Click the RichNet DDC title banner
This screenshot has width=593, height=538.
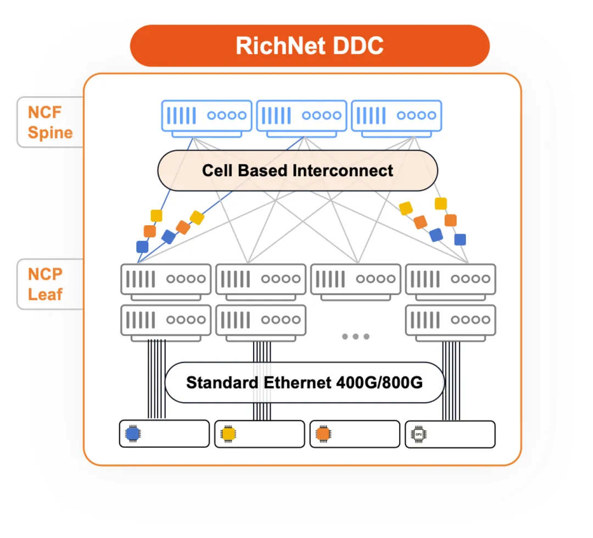pos(310,46)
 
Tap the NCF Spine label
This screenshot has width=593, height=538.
pos(51,123)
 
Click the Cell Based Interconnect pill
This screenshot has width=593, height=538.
pos(298,170)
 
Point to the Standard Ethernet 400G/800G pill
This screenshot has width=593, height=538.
pos(304,382)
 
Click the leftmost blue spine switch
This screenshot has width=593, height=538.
pos(206,119)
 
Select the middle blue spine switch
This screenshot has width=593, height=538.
pos(301,119)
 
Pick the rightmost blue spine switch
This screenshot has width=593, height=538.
pos(396,119)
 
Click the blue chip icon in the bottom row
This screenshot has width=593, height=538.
pos(133,434)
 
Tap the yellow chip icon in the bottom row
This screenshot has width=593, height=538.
pos(228,434)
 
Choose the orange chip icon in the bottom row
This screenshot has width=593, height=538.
pos(323,434)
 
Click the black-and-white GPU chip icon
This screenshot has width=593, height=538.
pos(418,434)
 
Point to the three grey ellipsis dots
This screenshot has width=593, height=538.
pos(355,336)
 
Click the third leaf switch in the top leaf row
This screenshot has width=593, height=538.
pos(355,282)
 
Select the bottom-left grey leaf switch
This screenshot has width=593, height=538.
pos(166,323)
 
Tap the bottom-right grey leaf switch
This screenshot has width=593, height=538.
pos(450,323)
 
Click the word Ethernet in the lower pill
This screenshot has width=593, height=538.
pos(298,382)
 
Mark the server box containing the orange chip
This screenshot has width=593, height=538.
pos(355,434)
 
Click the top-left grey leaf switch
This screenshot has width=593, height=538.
pos(166,282)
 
